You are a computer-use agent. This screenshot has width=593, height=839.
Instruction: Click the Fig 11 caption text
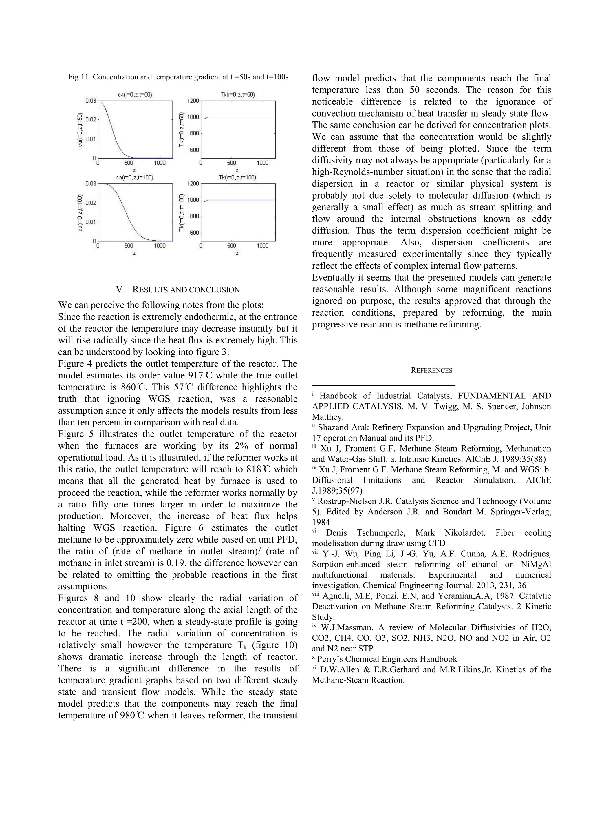coord(178,77)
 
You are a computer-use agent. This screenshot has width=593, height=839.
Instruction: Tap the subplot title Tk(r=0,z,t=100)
coord(237,178)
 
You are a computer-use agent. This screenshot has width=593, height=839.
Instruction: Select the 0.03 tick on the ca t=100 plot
coord(91,184)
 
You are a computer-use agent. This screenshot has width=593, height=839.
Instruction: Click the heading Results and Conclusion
coord(178,290)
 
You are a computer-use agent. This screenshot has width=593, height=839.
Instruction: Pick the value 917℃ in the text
coord(200,376)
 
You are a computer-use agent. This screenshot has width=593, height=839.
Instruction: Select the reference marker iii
coord(314,447)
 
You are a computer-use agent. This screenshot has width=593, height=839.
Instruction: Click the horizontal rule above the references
coord(383,385)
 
